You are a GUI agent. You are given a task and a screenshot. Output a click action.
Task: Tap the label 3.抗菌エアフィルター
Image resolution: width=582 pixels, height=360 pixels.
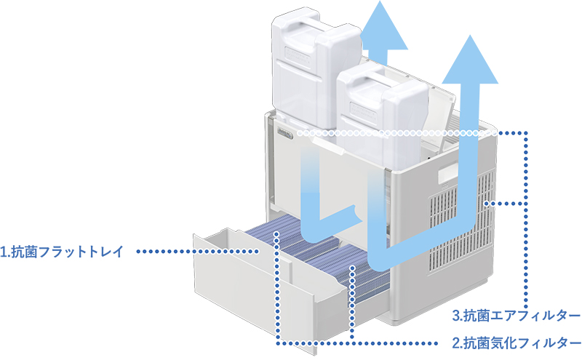tap(516, 316)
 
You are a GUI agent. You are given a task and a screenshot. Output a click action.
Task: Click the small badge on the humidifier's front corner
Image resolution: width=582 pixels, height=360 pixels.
tap(284, 133)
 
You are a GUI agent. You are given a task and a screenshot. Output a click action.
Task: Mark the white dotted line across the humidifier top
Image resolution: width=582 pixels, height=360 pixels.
tap(400, 133)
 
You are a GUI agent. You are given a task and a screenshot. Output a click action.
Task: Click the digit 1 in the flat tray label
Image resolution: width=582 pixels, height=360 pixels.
tap(4, 252)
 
